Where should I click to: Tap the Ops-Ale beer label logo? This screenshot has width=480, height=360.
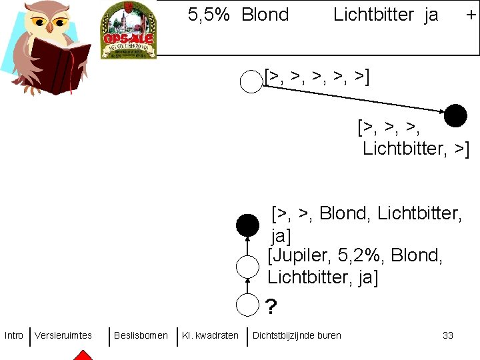(x=128, y=31)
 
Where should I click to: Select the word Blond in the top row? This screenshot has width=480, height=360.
(x=265, y=15)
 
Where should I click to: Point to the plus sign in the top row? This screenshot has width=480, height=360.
(x=471, y=15)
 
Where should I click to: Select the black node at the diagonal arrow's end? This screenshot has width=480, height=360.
(x=456, y=115)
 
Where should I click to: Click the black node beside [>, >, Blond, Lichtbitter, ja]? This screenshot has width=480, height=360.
(x=247, y=226)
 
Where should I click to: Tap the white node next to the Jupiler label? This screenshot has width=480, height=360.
(x=247, y=267)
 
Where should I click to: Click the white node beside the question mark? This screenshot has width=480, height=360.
(x=247, y=304)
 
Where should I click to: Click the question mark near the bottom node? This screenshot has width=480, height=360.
(x=271, y=307)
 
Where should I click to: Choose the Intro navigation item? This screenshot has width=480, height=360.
(x=13, y=335)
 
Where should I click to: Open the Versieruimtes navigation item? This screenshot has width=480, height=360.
(x=63, y=335)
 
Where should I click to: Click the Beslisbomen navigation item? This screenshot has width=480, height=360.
(x=141, y=335)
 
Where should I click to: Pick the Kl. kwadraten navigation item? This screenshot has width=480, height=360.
(x=210, y=335)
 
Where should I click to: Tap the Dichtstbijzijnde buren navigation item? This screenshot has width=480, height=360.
(x=297, y=335)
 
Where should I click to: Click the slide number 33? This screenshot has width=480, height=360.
(x=448, y=335)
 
